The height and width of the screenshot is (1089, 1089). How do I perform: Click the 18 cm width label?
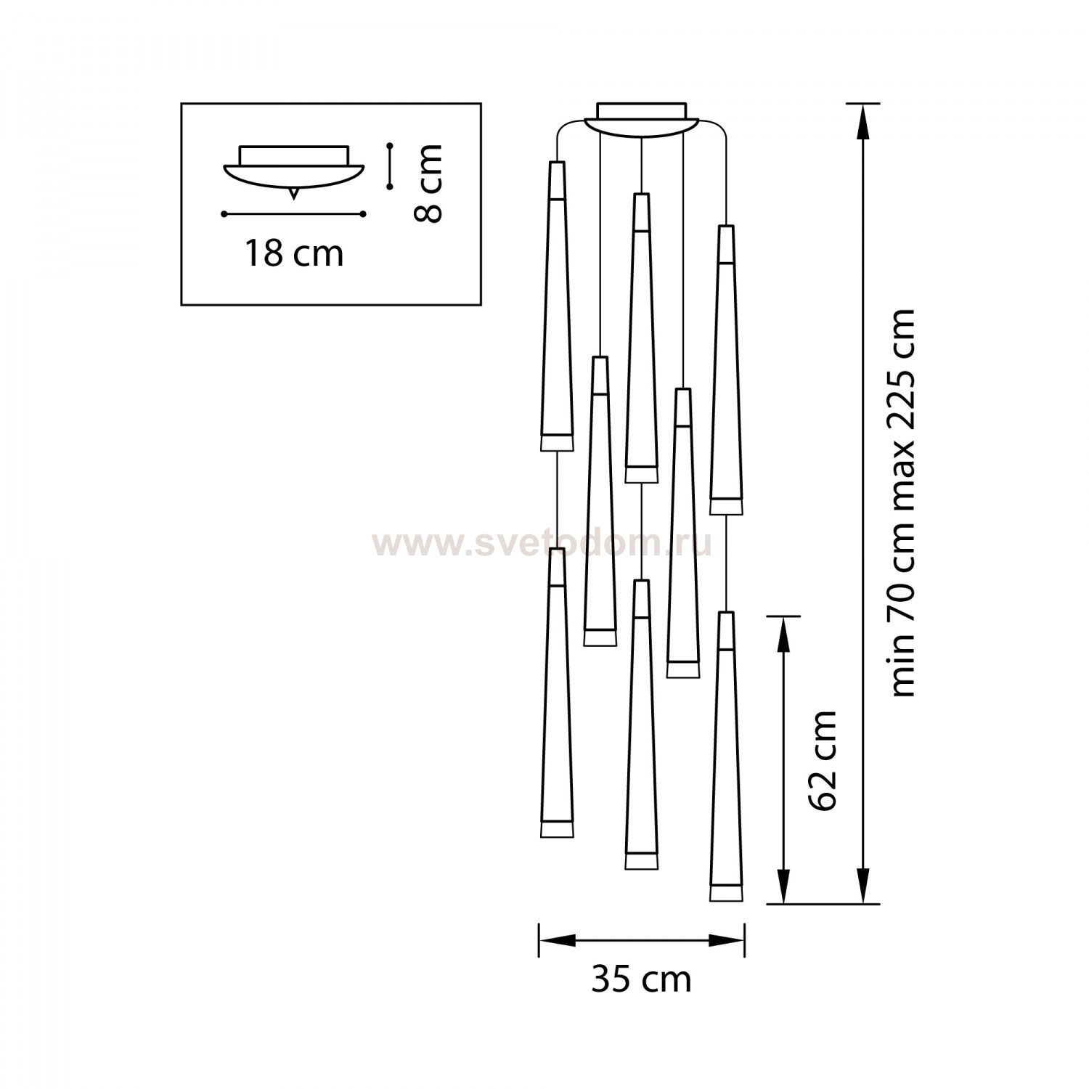[x=293, y=254]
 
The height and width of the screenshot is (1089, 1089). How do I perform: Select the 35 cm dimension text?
[x=641, y=979]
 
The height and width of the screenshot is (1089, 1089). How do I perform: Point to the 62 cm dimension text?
[x=823, y=760]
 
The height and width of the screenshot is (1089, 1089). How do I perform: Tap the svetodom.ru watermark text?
[x=542, y=544]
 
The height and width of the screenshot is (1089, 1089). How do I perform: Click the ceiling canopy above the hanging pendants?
[x=641, y=118]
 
